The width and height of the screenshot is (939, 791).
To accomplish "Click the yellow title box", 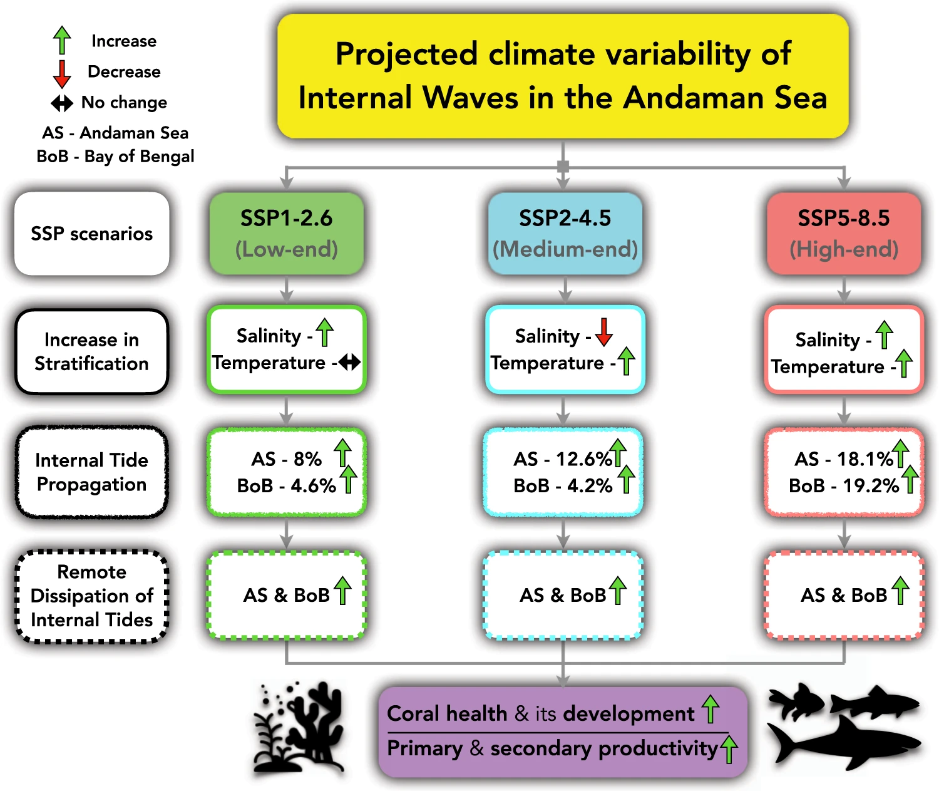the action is click(563, 76).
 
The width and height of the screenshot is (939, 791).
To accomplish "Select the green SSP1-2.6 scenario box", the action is click(287, 234).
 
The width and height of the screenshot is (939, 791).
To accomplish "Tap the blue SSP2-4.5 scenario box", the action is click(565, 234).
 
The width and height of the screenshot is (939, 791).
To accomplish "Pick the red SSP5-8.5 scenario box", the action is click(844, 234).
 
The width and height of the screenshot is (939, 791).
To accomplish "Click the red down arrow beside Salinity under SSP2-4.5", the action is click(603, 332).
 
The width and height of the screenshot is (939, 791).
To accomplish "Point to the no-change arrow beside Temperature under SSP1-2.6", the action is click(349, 362).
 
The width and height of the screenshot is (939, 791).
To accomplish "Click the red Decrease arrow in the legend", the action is click(62, 75).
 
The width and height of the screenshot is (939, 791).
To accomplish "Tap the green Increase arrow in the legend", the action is click(62, 40).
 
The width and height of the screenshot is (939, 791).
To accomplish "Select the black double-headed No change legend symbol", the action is click(62, 103).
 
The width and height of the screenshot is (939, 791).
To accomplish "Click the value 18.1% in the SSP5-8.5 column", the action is click(865, 460).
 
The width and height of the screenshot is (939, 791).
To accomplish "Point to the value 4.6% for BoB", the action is click(313, 486).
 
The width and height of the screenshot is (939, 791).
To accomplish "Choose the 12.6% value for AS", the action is click(583, 460).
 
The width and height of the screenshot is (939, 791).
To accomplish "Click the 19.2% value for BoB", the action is click(871, 486).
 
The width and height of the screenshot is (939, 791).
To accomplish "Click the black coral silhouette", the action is click(299, 728).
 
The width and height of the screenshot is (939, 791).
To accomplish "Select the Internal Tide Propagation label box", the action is click(92, 472).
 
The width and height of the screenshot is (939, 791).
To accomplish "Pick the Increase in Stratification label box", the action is click(92, 351).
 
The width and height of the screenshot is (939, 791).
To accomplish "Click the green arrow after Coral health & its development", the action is click(711, 709).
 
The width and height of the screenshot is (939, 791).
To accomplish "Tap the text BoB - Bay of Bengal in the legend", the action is click(115, 156).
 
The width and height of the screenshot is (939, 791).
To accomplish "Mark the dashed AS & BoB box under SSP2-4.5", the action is click(563, 595).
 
